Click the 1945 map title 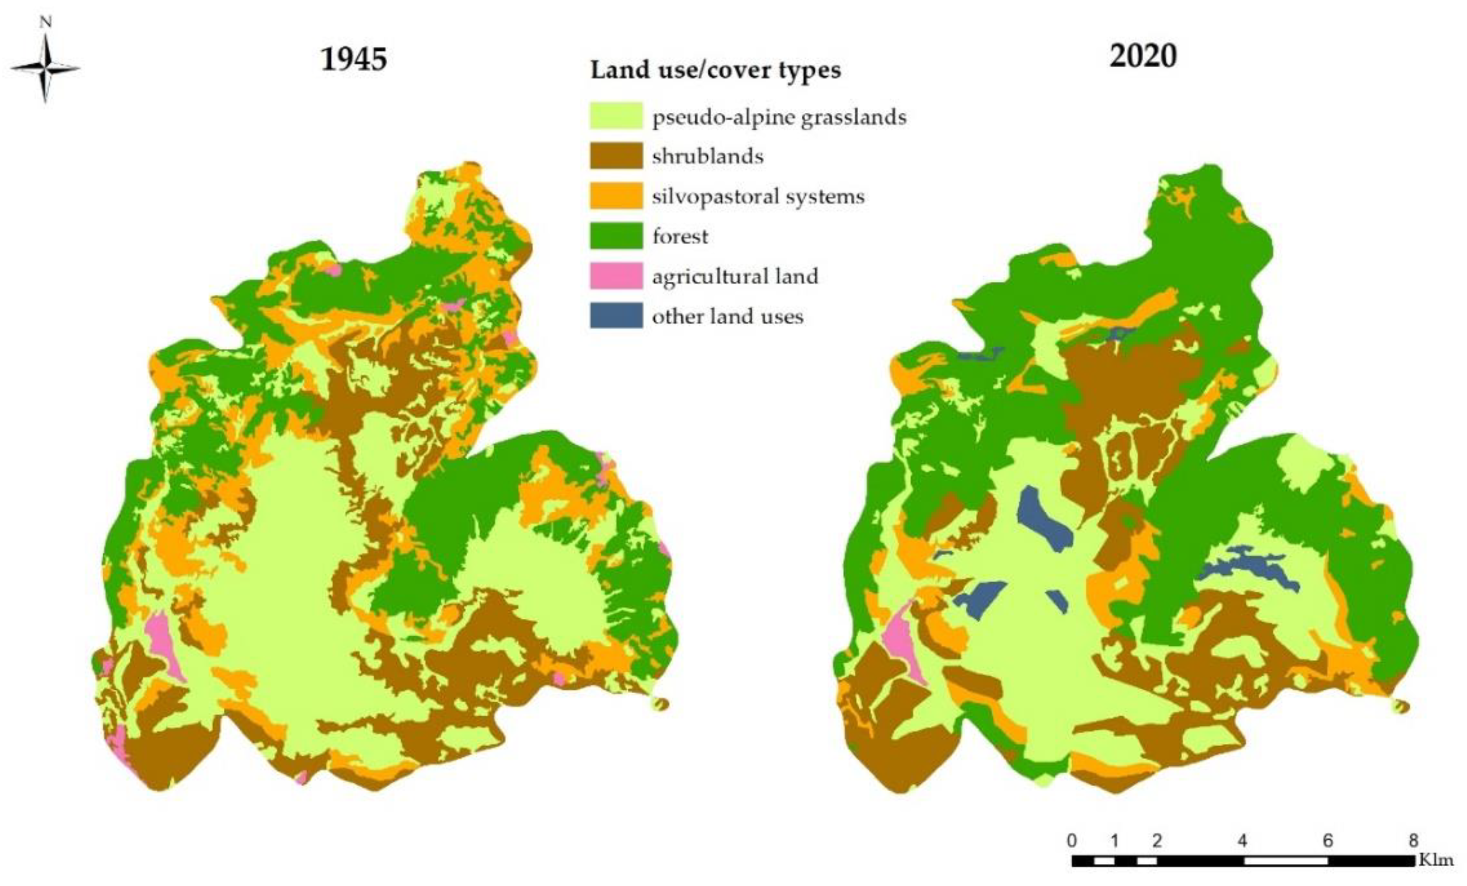pyautogui.click(x=354, y=59)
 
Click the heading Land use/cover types pyautogui.click(x=715, y=70)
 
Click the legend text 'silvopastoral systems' pyautogui.click(x=757, y=197)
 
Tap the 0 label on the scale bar pyautogui.click(x=1072, y=841)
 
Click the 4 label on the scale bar pyautogui.click(x=1243, y=841)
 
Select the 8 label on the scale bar pyautogui.click(x=1414, y=841)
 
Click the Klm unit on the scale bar pyautogui.click(x=1436, y=860)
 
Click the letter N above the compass pyautogui.click(x=45, y=23)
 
